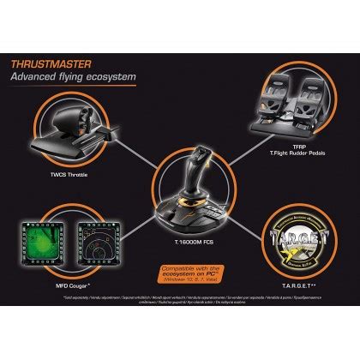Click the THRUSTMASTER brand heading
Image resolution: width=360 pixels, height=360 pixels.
(x=61, y=63)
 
